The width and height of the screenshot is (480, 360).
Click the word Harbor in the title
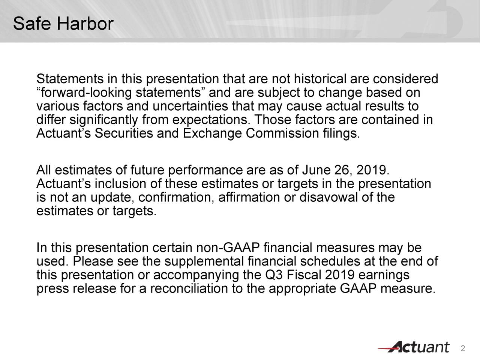pyautogui.click(x=84, y=24)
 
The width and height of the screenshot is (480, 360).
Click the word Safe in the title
pyautogui.click(x=33, y=24)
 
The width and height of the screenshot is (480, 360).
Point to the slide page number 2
pyautogui.click(x=463, y=348)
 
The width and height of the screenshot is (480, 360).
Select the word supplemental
pyautogui.click(x=205, y=262)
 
